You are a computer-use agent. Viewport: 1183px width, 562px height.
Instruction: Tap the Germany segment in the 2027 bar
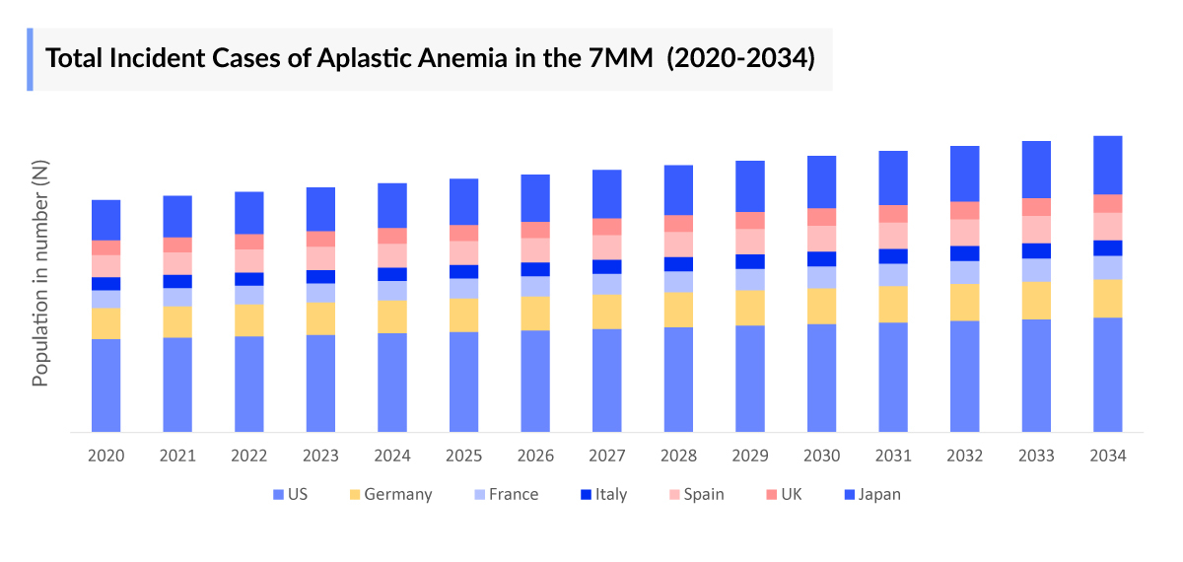[x=607, y=312]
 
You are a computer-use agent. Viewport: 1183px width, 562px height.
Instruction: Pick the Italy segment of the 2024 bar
[x=392, y=274]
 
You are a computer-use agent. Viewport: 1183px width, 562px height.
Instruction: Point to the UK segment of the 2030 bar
[x=821, y=217]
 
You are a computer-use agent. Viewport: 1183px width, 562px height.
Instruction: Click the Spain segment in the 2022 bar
[x=249, y=260]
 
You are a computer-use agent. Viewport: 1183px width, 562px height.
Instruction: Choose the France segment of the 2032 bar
[x=964, y=272]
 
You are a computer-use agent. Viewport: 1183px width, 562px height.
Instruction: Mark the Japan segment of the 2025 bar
[x=464, y=201]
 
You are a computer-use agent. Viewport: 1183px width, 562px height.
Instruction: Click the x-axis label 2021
[x=177, y=456]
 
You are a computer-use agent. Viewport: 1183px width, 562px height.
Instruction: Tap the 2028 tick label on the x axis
[x=678, y=456]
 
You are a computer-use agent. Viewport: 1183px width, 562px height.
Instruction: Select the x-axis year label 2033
[x=1036, y=456]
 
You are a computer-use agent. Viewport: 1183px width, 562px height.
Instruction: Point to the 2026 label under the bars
[x=535, y=456]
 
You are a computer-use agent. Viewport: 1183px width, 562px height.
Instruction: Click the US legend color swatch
[x=277, y=494]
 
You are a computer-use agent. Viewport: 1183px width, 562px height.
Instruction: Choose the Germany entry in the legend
[x=397, y=494]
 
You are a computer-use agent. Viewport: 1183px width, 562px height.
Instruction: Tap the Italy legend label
[x=611, y=494]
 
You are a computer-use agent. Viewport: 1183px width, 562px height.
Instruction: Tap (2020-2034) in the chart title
[x=740, y=58]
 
